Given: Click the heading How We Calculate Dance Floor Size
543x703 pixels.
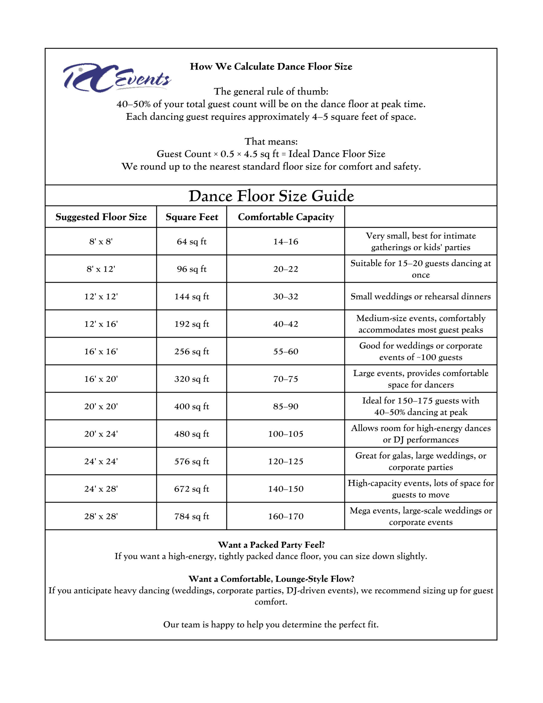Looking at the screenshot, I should tap(271, 67).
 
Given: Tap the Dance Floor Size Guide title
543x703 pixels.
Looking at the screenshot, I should tap(271, 196).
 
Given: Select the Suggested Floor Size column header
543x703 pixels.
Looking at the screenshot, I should tap(101, 217).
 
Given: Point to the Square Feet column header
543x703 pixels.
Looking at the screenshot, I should tap(192, 217).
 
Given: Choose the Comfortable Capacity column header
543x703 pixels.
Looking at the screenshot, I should tap(286, 217).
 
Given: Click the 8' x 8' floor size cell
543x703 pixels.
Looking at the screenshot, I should tap(101, 241).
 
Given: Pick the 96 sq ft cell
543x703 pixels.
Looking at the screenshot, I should tap(192, 269).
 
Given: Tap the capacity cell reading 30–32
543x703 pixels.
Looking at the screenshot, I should tap(286, 297).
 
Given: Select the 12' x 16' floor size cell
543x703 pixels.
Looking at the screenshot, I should tap(101, 324).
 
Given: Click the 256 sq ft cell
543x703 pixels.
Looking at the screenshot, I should tap(192, 351).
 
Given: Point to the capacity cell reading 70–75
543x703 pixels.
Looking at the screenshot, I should tap(286, 379).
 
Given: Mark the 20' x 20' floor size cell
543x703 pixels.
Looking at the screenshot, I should tap(101, 406).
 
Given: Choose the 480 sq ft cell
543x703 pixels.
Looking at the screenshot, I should tap(192, 434).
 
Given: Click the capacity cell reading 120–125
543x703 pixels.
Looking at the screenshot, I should tap(286, 461).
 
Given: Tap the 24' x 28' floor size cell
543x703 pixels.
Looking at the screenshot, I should tap(101, 489).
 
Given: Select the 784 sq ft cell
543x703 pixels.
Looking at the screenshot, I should tap(192, 516).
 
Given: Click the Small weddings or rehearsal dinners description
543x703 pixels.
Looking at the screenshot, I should tap(421, 297).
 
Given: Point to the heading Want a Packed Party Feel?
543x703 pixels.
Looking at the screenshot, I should tap(271, 545).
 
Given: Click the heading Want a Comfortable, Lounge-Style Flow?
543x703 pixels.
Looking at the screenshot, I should tap(271, 579).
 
